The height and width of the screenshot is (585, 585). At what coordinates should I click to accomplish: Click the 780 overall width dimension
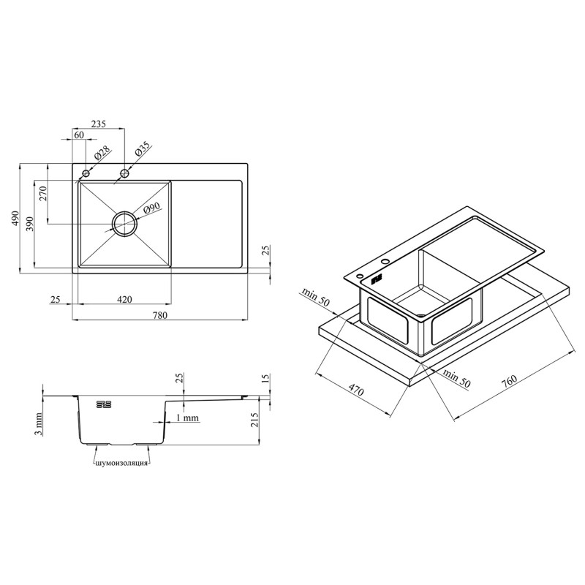pos(159,315)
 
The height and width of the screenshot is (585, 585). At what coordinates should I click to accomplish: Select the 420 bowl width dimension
pos(124,299)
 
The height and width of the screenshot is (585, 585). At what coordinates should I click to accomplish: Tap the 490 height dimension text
pos(15,218)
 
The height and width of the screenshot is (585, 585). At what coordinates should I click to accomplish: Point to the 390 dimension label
pos(30,224)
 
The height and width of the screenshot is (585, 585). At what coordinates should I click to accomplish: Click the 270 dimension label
pos(43,194)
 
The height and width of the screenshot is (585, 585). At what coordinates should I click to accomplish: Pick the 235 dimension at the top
pos(99,124)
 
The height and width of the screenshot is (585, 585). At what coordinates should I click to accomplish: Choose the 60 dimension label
pos(79,135)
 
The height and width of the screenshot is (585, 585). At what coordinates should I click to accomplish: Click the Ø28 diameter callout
pos(102,153)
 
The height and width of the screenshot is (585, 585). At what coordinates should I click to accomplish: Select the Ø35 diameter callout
pos(142,149)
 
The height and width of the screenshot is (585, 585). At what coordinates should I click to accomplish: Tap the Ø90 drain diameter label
pos(151,208)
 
